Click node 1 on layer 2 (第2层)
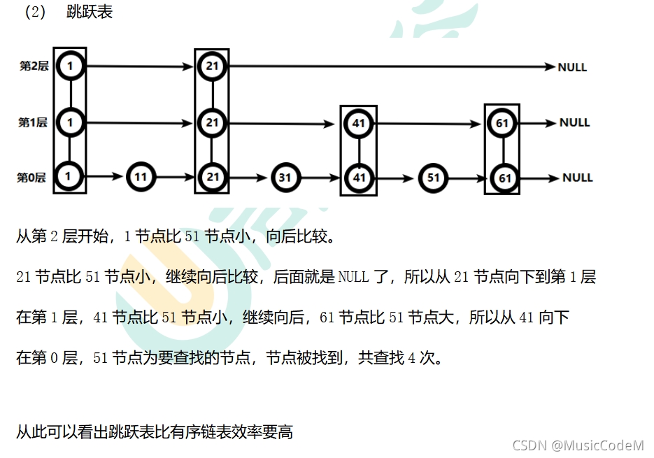tap(71, 66)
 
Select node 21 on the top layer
tap(212, 66)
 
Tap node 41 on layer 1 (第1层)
tap(358, 124)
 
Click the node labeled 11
tap(141, 177)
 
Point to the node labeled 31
tap(285, 178)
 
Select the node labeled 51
tap(433, 178)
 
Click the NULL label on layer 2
tap(572, 68)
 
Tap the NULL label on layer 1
tap(574, 122)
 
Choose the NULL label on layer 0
tap(577, 178)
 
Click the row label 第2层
tap(34, 66)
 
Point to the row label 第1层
tap(33, 122)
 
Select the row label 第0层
tap(31, 178)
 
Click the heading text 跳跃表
tap(90, 13)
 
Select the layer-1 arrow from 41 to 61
tap(430, 123)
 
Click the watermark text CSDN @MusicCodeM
tap(578, 445)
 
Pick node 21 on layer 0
tap(212, 177)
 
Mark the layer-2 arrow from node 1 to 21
tap(140, 66)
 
